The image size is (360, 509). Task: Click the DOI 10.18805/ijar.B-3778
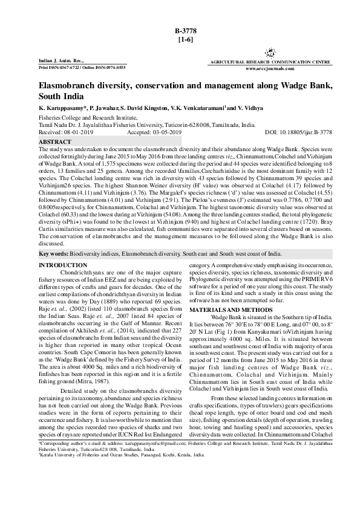pyautogui.click(x=311, y=131)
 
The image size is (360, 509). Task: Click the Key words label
pyautogui.click(x=53, y=254)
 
